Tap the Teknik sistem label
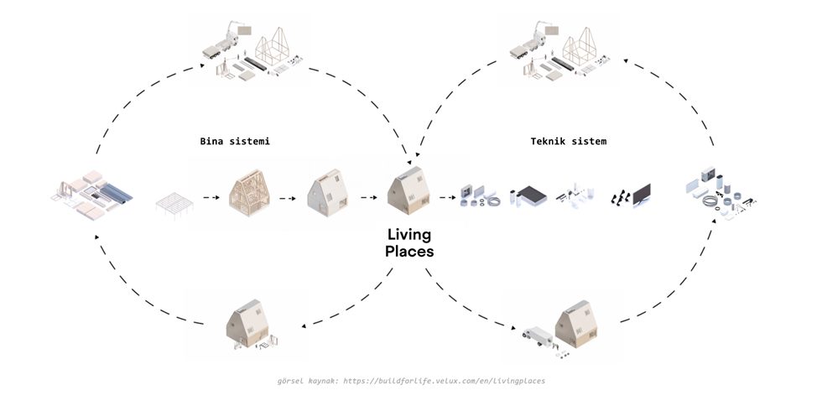[568, 141]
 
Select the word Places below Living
[409, 250]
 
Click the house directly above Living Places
[409, 190]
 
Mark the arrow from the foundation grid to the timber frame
[207, 200]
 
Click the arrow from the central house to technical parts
[445, 200]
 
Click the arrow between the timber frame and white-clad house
[288, 200]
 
